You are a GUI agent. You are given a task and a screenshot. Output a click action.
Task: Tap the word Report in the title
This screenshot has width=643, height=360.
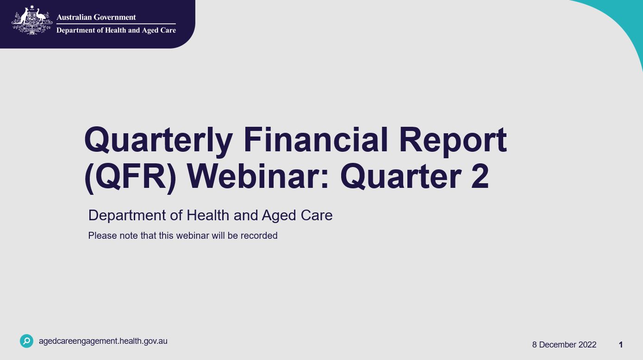coord(453,141)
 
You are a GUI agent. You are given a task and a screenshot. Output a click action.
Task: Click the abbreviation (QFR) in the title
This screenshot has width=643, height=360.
coord(131,178)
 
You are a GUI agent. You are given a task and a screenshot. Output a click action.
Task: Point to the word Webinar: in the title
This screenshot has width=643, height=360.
coord(258,178)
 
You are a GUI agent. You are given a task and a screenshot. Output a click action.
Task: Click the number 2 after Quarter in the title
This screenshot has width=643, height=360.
coord(480,178)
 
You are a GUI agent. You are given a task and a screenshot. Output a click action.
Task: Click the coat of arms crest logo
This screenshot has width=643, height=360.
coord(31,21)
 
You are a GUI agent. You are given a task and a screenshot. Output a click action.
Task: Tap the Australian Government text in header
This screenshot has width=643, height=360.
coord(96,17)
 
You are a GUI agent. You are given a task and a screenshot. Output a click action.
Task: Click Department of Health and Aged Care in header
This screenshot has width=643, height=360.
coord(116,30)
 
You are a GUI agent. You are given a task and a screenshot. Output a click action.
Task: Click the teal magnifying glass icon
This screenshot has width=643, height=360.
coord(27,341)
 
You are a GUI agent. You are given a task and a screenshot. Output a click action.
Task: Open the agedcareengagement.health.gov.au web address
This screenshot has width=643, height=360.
coord(103,341)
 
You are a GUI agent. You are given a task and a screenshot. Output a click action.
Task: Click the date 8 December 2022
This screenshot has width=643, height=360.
coord(564,345)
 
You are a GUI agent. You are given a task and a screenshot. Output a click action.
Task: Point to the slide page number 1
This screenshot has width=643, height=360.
coord(621,345)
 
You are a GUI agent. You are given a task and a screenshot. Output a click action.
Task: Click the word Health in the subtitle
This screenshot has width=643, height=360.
coord(207,215)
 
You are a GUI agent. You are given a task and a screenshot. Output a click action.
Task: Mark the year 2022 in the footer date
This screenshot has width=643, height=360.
coord(587,345)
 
